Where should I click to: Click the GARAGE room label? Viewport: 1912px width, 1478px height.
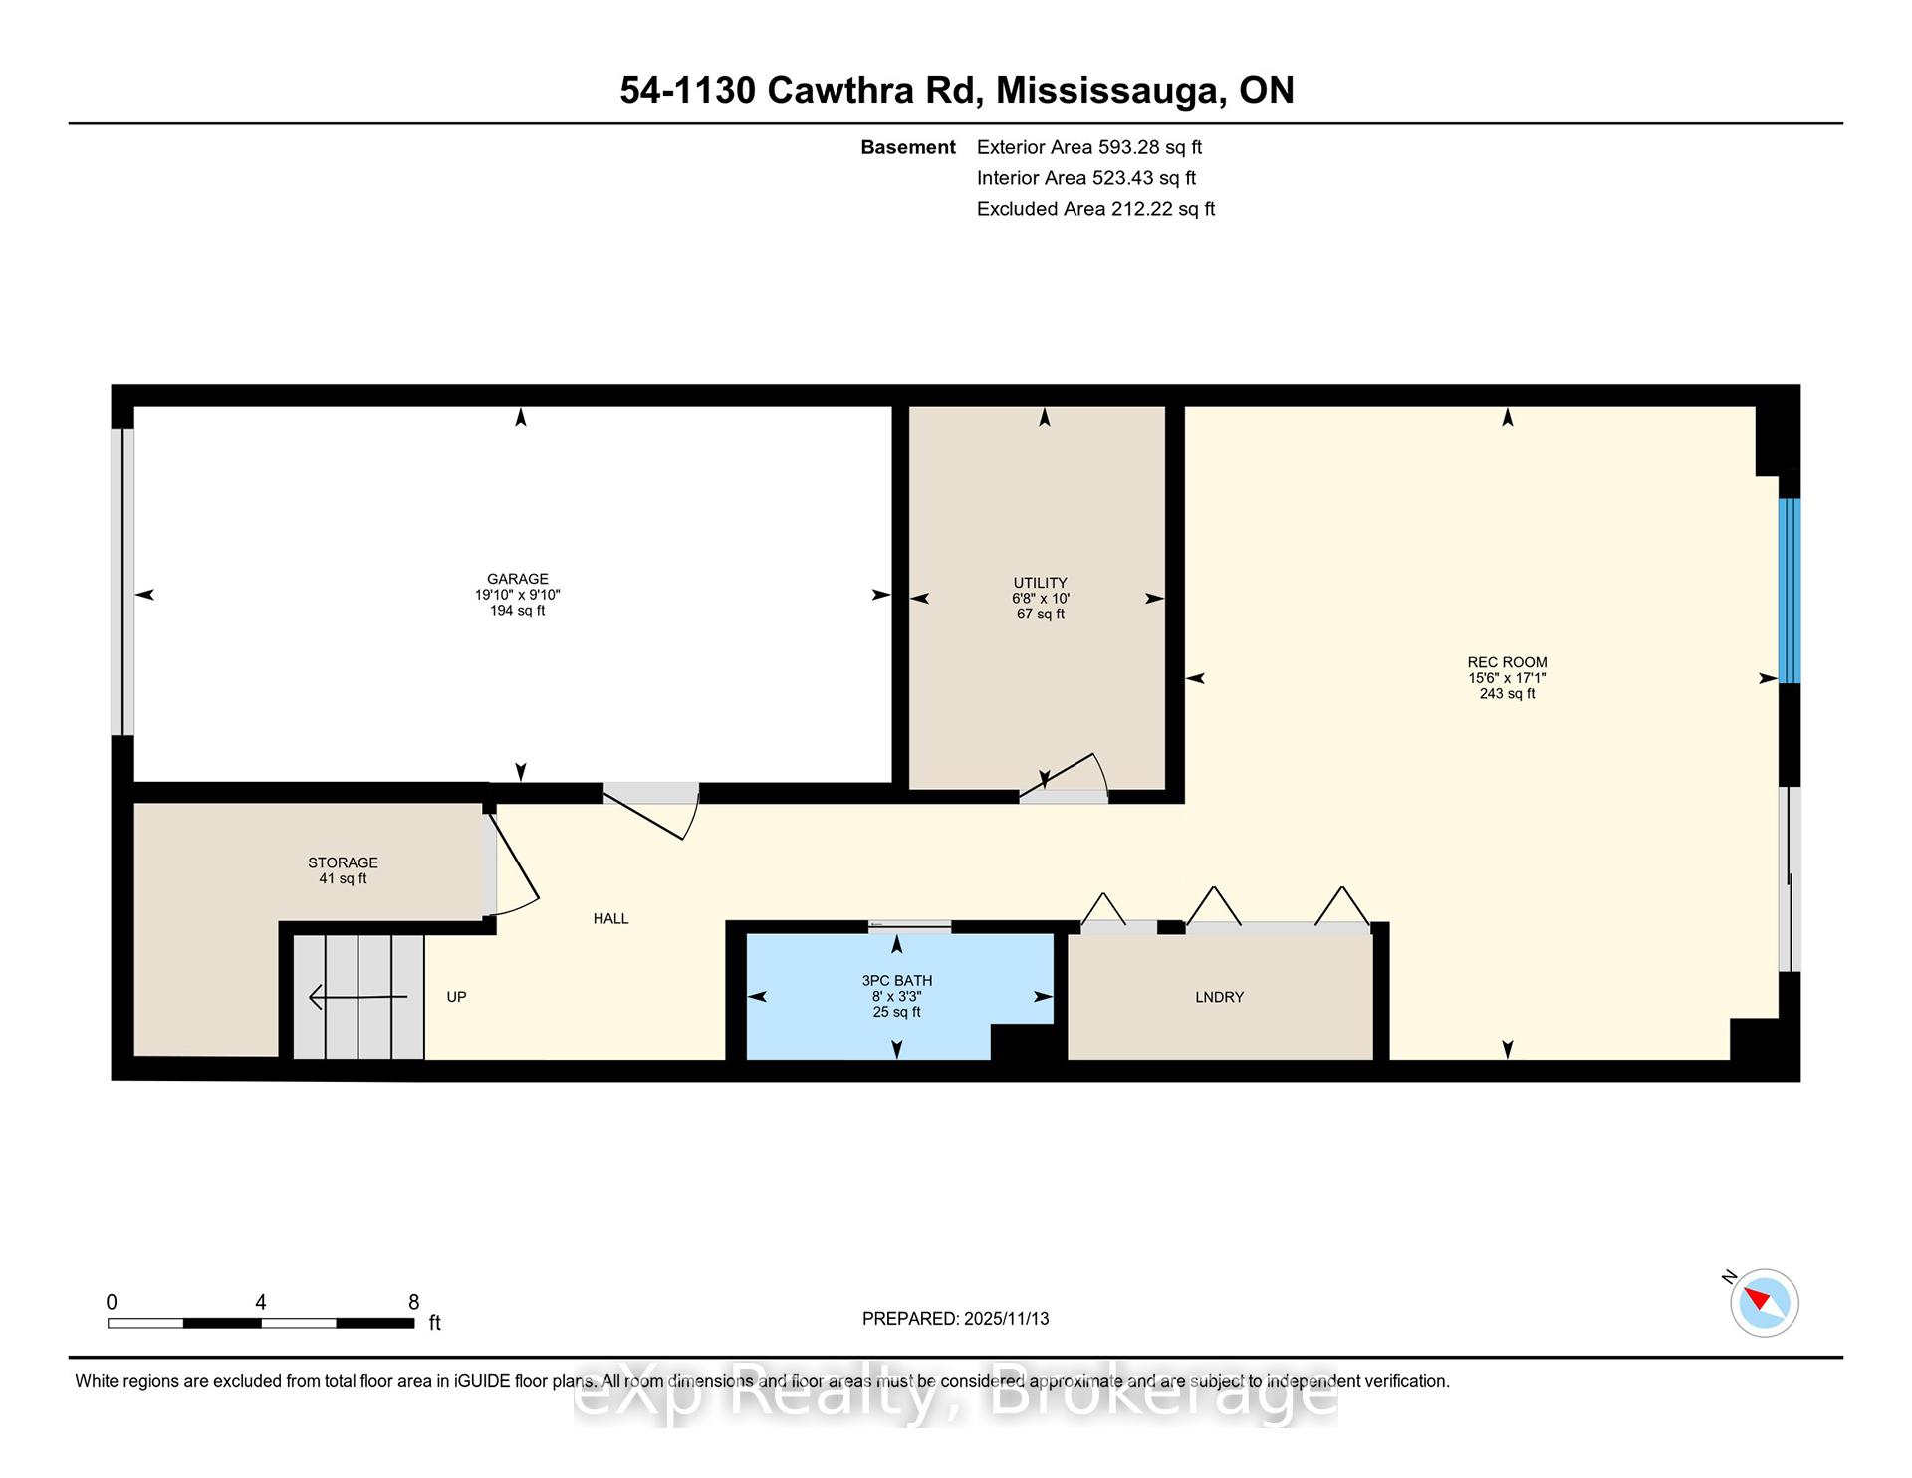click(517, 579)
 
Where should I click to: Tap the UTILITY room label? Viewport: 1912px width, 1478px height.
click(1040, 583)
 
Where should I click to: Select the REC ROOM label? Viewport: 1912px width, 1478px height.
click(1507, 662)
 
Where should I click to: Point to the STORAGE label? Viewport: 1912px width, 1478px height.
click(343, 862)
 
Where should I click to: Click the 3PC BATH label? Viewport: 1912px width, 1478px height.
click(896, 981)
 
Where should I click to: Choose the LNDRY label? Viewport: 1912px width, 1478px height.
click(1219, 997)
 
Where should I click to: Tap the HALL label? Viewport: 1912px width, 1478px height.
click(610, 918)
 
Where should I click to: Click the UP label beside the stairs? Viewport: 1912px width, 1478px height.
click(456, 997)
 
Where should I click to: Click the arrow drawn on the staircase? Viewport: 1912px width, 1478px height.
click(358, 996)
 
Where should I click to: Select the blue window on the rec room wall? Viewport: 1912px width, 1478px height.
click(1790, 591)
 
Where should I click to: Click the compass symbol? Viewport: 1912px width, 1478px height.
click(1764, 1302)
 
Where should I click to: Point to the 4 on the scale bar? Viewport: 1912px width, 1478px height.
click(260, 1302)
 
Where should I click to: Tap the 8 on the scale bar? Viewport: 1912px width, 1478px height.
click(414, 1302)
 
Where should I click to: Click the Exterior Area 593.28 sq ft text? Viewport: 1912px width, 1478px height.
click(1089, 147)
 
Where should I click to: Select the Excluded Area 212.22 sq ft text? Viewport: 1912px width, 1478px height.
click(1095, 209)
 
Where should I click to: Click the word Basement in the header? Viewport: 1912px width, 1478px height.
click(908, 147)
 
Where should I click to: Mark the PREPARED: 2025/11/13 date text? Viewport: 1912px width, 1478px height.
click(956, 1319)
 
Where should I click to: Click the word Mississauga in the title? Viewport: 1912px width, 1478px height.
click(1110, 91)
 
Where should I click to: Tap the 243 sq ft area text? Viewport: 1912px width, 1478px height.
click(1507, 694)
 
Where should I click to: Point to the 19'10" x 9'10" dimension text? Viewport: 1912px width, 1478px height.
click(517, 595)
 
